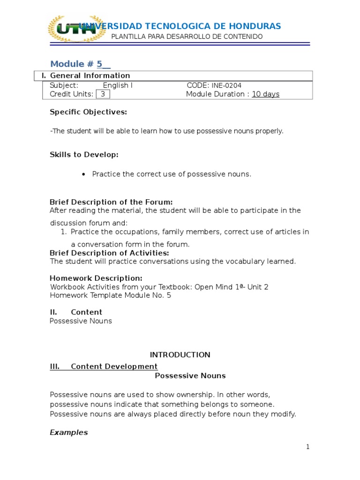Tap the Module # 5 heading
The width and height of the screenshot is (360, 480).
point(80,64)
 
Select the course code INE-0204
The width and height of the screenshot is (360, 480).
point(226,85)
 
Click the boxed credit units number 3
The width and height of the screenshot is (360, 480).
point(103,94)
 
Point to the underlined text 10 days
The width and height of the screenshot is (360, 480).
point(265,94)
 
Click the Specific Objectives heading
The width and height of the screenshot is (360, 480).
point(88,112)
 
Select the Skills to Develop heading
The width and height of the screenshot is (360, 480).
point(84,155)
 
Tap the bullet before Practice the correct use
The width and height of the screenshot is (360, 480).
point(83,174)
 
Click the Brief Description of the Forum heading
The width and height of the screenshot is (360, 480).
point(111,202)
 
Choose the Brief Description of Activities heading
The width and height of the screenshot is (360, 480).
point(109,253)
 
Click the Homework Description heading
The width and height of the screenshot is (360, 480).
point(96,278)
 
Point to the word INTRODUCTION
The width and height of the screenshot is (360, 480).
point(180,355)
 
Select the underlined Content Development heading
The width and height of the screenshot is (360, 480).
point(114,367)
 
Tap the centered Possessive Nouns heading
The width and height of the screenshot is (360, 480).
point(190,376)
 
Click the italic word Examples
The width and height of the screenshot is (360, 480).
point(68,433)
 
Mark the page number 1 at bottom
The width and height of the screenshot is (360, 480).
point(307,447)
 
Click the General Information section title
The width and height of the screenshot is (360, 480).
point(90,75)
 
